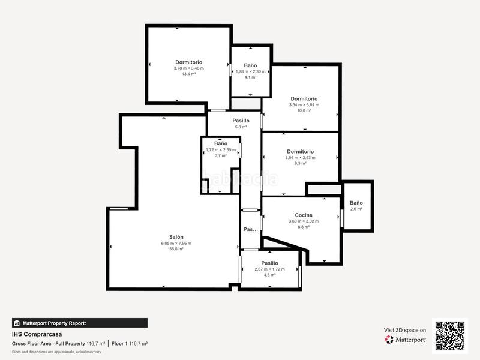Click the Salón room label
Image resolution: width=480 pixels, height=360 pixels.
tap(176, 237)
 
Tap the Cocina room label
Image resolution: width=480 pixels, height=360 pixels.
tap(304, 215)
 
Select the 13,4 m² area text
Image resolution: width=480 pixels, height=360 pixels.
tap(189, 74)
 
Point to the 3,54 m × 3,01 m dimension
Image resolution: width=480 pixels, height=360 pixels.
tap(304, 104)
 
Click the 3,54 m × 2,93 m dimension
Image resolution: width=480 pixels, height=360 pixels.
tap(300, 157)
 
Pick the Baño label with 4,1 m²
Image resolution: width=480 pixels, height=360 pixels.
tap(250, 65)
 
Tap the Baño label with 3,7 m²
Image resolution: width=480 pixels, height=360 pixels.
tap(221, 143)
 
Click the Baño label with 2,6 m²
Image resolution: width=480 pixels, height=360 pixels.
tap(356, 203)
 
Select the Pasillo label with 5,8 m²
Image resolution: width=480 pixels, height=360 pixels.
tap(241, 121)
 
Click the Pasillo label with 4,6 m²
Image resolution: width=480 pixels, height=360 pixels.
tap(269, 263)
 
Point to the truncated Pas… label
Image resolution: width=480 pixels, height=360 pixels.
tap(250, 229)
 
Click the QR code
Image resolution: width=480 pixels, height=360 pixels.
tap(449, 335)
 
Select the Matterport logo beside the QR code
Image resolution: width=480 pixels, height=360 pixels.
tap(406, 340)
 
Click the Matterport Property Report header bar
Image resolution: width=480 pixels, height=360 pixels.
tap(79, 323)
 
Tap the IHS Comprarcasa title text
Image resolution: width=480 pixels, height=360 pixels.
tap(37, 334)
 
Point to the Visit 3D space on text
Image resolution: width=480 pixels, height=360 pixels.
tap(405, 330)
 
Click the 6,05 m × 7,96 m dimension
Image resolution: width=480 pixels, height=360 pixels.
tap(176, 243)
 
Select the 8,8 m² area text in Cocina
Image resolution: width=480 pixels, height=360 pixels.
tap(304, 227)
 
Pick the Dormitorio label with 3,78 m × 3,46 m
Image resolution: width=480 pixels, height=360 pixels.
tap(189, 62)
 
